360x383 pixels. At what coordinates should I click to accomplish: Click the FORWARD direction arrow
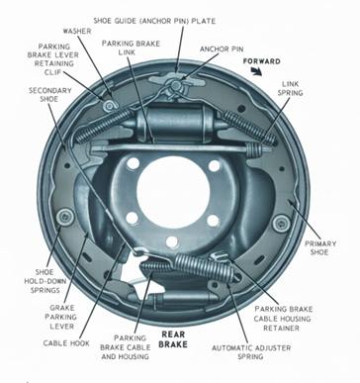[x=256, y=71]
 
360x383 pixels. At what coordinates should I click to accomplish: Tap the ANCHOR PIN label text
[x=222, y=49]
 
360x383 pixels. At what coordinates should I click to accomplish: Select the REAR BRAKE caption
[x=173, y=339]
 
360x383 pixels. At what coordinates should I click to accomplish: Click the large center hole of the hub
[x=173, y=192]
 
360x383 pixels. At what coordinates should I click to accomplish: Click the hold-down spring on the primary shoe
[x=281, y=223]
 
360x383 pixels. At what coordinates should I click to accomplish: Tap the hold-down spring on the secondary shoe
[x=64, y=217]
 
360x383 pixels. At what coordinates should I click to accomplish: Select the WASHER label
[x=77, y=31]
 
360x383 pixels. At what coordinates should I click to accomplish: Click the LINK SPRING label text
[x=290, y=88]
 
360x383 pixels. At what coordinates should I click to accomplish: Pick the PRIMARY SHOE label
[x=320, y=247]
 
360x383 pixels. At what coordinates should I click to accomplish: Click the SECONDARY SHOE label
[x=50, y=95]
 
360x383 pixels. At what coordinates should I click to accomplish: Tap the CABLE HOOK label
[x=66, y=343]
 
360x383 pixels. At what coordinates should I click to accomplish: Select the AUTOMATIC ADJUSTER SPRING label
[x=251, y=352]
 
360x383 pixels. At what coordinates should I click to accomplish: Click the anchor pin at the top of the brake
[x=176, y=86]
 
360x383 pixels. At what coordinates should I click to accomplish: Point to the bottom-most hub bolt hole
[x=172, y=242]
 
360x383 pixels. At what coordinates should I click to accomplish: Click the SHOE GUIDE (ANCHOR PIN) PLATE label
[x=154, y=21]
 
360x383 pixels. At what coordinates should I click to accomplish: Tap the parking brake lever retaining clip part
[x=109, y=106]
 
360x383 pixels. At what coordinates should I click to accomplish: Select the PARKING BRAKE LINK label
[x=131, y=48]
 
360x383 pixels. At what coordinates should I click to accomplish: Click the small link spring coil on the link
[x=254, y=148]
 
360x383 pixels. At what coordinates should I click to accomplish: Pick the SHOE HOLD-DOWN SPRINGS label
[x=45, y=281]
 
